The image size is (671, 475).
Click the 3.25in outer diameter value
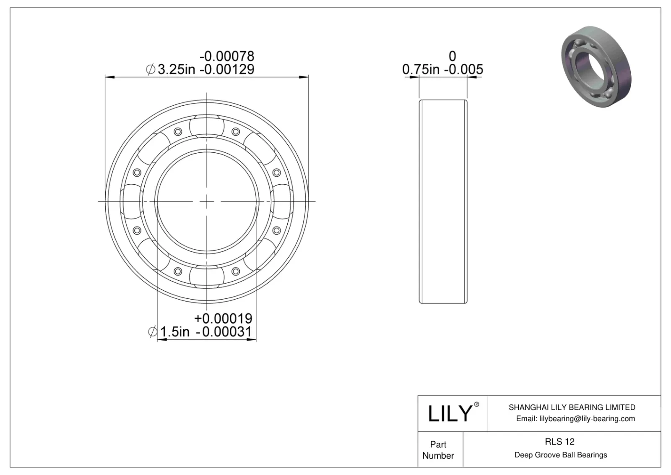pos(176,69)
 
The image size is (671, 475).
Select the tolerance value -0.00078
pos(227,56)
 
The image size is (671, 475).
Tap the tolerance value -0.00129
pos(227,69)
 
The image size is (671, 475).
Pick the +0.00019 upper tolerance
pos(223,318)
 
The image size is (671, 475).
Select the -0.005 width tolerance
pos(466,69)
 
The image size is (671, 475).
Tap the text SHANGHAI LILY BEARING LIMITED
pos(572,407)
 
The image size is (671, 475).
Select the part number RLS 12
pos(559,441)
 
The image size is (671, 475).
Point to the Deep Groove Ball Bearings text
pos(561,455)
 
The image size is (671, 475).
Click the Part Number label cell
pos(438,449)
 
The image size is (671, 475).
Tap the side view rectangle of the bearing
pos(443,201)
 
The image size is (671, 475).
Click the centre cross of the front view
pos(207,201)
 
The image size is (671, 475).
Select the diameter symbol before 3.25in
pos(151,69)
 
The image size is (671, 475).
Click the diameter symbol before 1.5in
pos(153,331)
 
